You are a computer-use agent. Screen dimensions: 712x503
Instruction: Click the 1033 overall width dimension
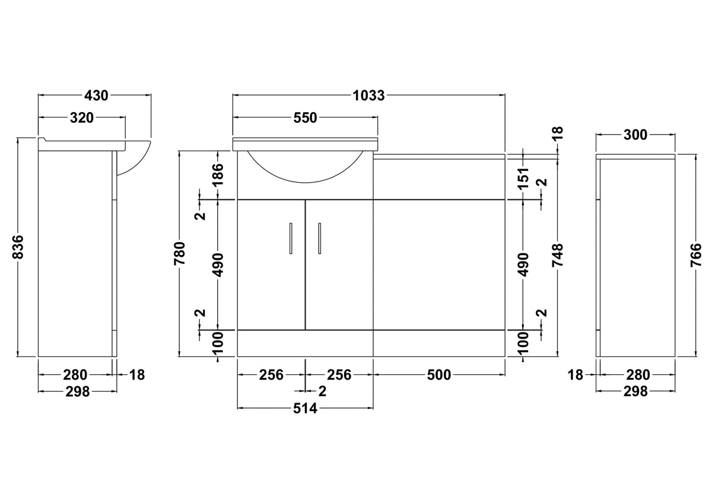(x=368, y=95)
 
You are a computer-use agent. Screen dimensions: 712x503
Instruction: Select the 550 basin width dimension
(x=305, y=118)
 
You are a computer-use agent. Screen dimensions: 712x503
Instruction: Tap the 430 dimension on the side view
(x=96, y=95)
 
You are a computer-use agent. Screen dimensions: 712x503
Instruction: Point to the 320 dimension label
(x=82, y=118)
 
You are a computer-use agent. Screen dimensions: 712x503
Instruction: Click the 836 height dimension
(x=18, y=247)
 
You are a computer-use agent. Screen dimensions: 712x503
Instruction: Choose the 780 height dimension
(x=180, y=253)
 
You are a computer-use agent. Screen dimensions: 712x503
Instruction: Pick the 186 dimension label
(x=218, y=175)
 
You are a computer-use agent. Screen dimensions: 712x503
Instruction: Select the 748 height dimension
(x=558, y=255)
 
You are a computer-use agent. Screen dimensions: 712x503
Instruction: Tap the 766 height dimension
(x=696, y=255)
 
